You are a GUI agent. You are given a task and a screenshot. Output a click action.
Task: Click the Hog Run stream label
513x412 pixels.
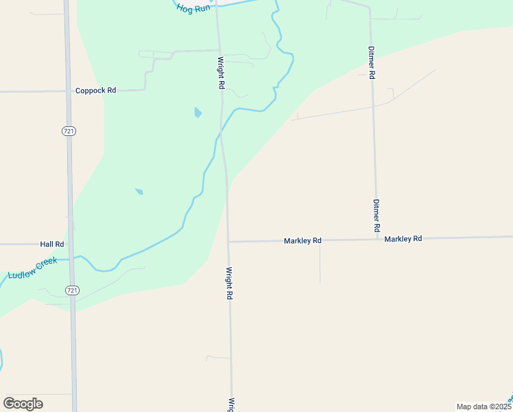point(193,8)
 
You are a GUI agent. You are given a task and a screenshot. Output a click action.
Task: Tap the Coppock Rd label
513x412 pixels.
point(96,90)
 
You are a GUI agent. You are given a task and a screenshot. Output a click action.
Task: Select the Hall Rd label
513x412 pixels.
point(52,244)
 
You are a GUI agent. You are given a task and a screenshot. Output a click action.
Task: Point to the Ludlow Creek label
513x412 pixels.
point(33,268)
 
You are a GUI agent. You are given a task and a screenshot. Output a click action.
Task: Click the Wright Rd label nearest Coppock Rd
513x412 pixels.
point(221,73)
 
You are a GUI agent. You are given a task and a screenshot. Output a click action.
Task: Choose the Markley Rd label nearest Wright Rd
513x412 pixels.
point(302,241)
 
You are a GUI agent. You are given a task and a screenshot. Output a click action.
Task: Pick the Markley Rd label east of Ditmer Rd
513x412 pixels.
point(403,239)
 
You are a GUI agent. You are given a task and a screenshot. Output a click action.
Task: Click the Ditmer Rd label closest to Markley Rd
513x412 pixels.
point(377,215)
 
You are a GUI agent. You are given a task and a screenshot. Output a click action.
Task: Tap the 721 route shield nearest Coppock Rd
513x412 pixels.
point(69,131)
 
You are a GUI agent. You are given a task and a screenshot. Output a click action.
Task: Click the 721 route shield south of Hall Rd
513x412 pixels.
point(72,290)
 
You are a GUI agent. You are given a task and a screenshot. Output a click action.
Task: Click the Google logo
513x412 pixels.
point(23,404)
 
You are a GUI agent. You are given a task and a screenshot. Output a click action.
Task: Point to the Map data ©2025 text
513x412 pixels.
point(484,407)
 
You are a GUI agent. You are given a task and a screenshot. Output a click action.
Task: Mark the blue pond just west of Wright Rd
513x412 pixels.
point(198,112)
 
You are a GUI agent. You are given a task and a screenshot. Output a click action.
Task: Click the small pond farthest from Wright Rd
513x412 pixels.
point(139,191)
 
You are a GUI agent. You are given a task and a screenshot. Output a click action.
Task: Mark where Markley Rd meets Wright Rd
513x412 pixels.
point(228,242)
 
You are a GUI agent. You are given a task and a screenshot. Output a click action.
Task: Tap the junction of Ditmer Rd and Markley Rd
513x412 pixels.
point(377,239)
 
